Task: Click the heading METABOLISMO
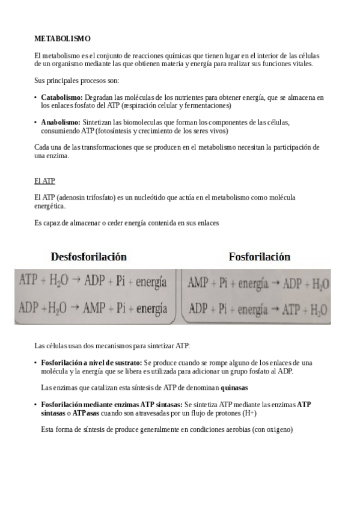[x=63, y=38]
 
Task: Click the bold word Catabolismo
[x=62, y=97]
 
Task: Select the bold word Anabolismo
[x=61, y=123]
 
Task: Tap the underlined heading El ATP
[x=45, y=180]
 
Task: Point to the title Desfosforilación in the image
[x=88, y=257]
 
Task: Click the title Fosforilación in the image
[x=259, y=257]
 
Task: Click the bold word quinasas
[x=234, y=388]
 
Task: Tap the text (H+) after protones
[x=251, y=413]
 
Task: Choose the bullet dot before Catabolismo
[x=35, y=97]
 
